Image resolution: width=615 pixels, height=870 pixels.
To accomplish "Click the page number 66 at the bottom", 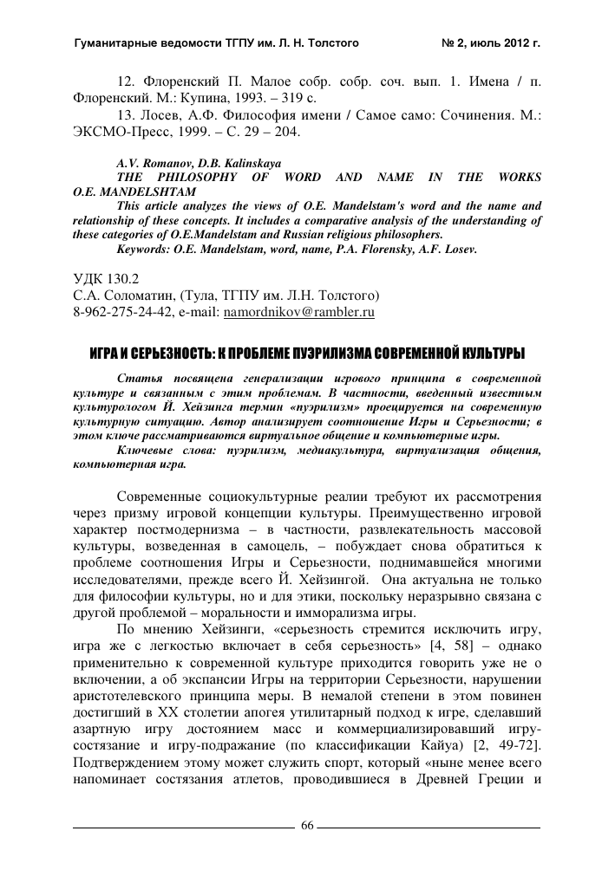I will click(x=307, y=824).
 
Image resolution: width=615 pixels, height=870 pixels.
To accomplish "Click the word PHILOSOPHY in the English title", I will click(x=213, y=177).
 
